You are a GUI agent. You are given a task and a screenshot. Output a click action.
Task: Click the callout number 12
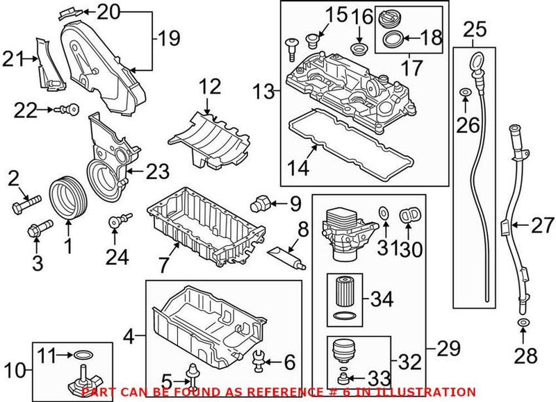tap(211, 87)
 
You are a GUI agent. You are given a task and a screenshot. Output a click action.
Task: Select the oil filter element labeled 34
tap(344, 299)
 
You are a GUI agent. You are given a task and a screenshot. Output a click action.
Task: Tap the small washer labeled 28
tap(521, 325)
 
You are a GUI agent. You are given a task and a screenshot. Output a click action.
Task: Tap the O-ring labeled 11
tap(82, 355)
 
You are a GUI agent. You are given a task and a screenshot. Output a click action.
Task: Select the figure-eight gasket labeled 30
tap(409, 215)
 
